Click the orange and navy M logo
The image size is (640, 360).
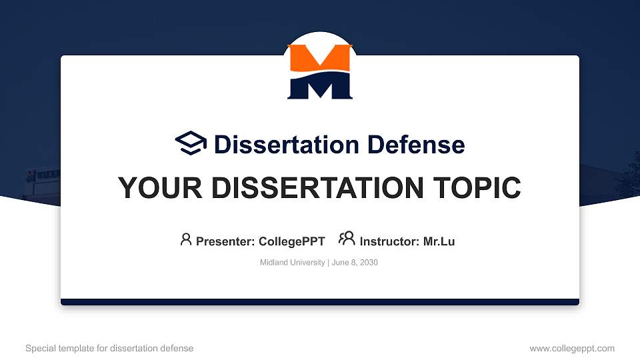pos(320,72)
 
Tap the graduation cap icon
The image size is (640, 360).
pos(191,143)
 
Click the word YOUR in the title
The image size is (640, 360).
pos(154,188)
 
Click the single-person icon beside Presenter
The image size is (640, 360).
pos(186,239)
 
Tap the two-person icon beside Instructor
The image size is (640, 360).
pos(347,239)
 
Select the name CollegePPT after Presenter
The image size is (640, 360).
pos(291,241)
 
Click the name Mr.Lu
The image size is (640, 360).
pos(439,241)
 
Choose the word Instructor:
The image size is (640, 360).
pos(389,241)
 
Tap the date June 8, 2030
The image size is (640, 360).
pos(355,263)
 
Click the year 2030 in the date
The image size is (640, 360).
pos(369,263)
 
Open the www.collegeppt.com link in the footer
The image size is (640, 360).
pos(571,348)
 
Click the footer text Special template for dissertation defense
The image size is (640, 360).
pos(109,348)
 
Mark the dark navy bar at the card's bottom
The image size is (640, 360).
pos(320,302)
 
